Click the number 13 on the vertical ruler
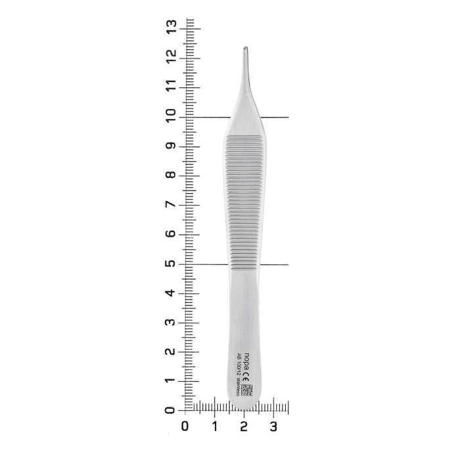click(172, 27)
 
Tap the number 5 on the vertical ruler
click(172, 264)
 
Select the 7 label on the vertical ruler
click(172, 204)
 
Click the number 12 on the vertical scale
click(172, 57)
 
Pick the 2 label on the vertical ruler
click(172, 352)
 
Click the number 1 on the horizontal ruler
click(215, 426)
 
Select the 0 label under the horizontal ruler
click(185, 426)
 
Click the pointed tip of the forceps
click(245, 49)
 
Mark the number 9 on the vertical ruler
click(172, 145)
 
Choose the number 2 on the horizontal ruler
click(244, 426)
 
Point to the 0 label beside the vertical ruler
click(172, 411)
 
